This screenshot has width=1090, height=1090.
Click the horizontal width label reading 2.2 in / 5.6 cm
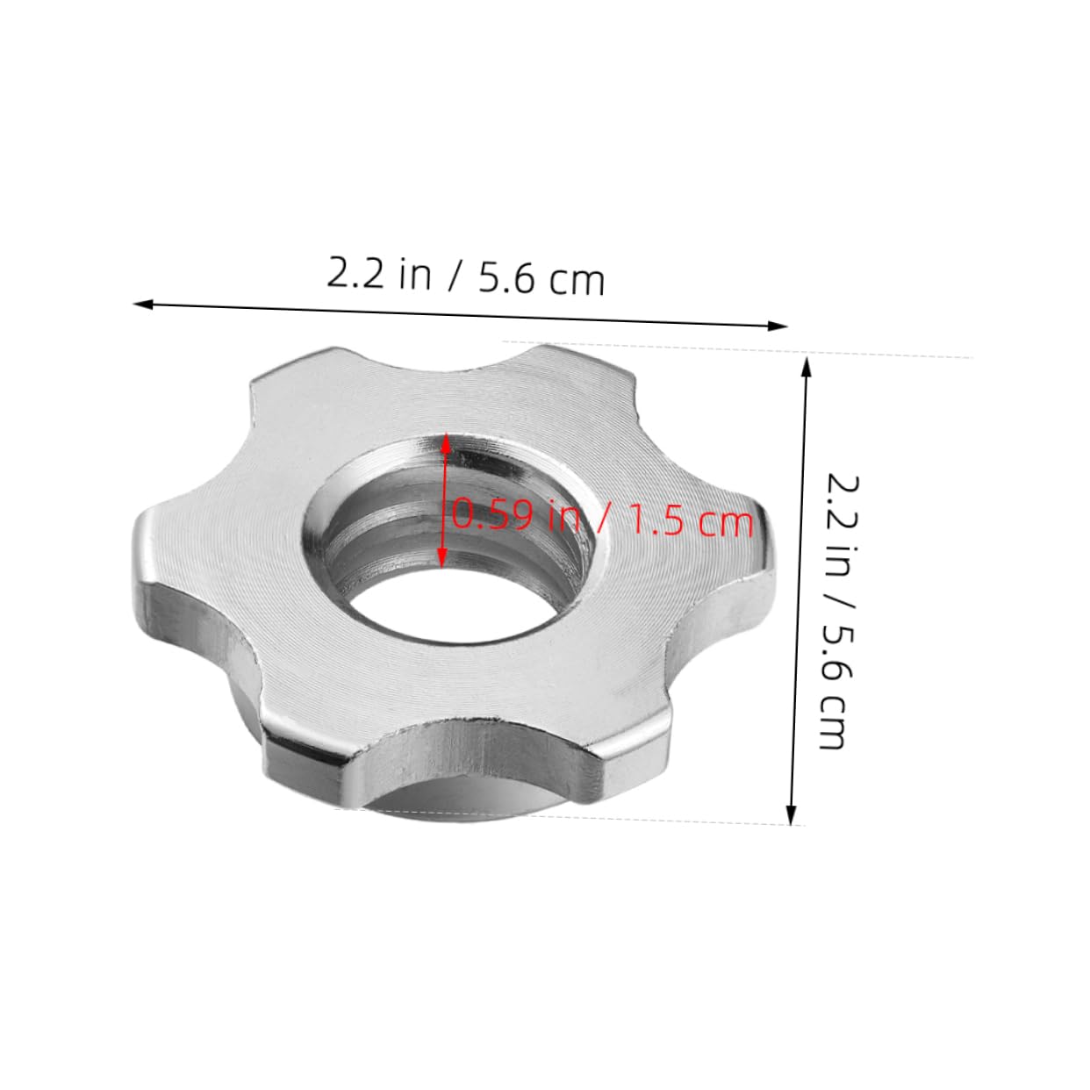point(466,276)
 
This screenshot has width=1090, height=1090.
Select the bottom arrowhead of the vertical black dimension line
point(792,816)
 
